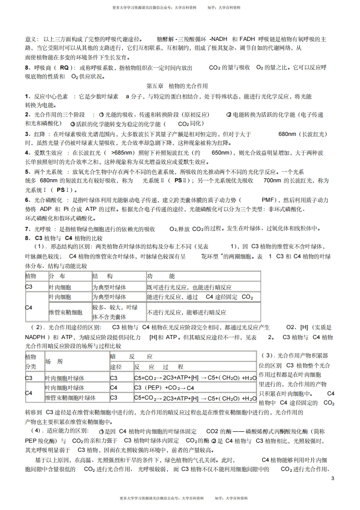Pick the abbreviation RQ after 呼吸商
64,68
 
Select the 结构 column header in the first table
103,276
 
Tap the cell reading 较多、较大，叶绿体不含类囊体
115,312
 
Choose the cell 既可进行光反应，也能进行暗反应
189,287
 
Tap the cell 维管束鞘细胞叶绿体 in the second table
70,398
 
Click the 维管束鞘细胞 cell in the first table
66,312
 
